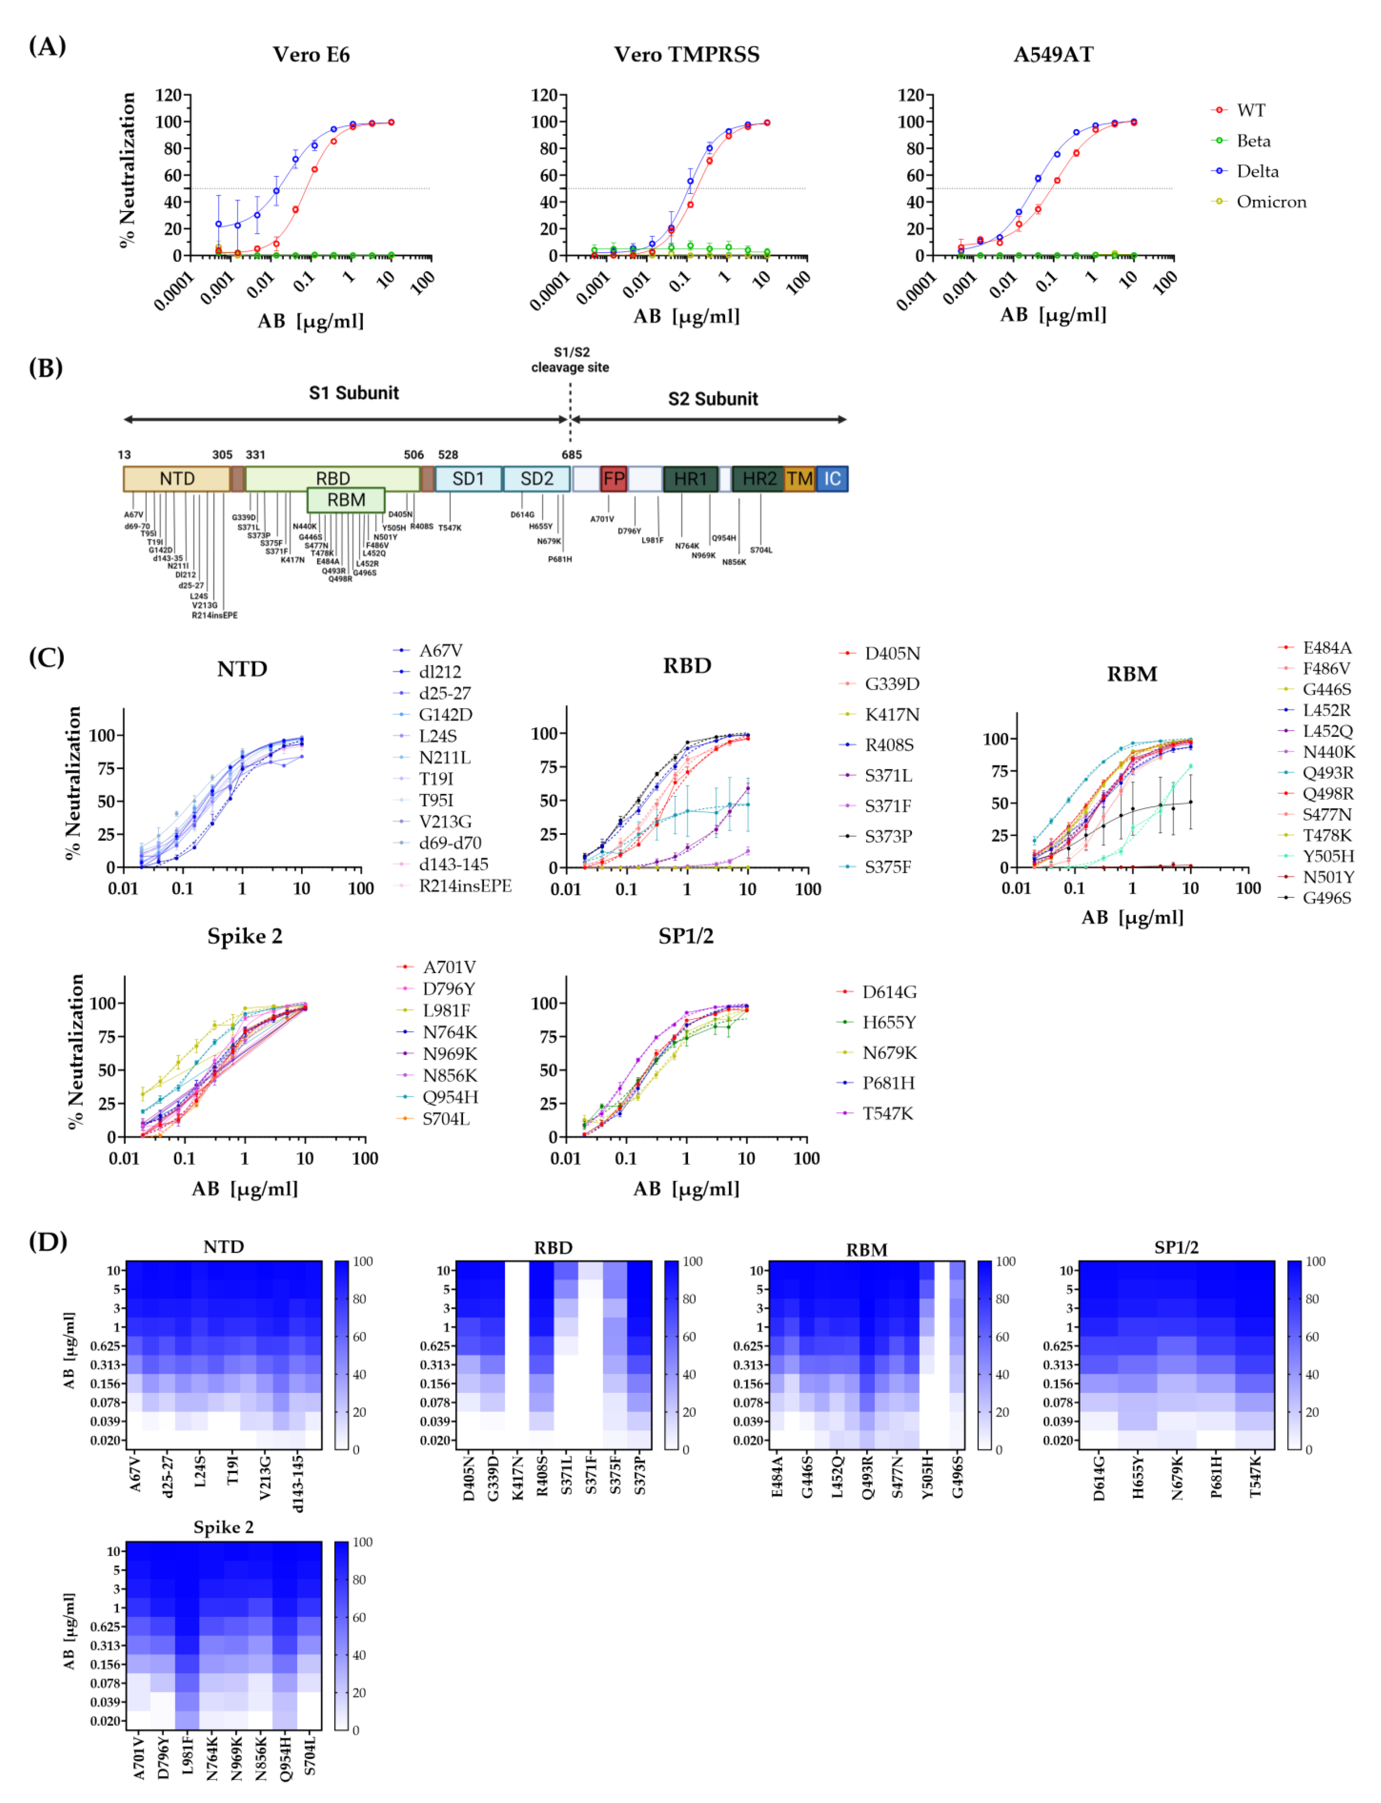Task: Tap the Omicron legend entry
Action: [x=1270, y=201]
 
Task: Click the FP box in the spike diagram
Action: [x=613, y=479]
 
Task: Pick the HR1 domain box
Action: [x=690, y=479]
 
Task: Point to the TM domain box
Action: [x=799, y=479]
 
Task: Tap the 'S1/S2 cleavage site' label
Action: [x=571, y=360]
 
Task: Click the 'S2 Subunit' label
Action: [x=713, y=399]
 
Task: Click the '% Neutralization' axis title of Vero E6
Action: [x=127, y=169]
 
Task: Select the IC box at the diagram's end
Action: [x=832, y=479]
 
